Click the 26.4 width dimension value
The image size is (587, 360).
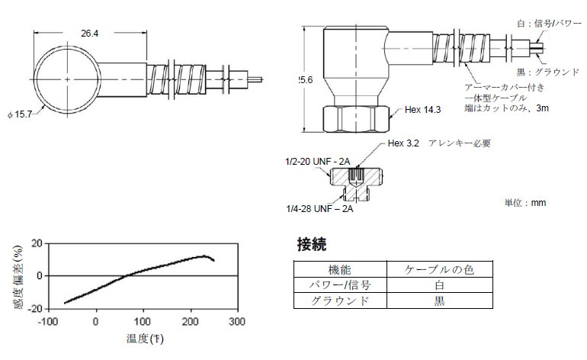(90, 33)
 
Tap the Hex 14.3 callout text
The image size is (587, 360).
(423, 110)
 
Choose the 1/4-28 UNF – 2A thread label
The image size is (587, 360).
(317, 207)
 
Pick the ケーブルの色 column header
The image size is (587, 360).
(439, 269)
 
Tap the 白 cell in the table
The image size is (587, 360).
(439, 284)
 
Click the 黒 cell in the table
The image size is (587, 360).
(439, 301)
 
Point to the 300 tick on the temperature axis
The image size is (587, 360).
(237, 321)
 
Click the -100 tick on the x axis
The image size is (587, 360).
(47, 321)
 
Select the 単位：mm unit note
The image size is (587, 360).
(525, 203)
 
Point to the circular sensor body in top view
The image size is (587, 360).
(68, 79)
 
